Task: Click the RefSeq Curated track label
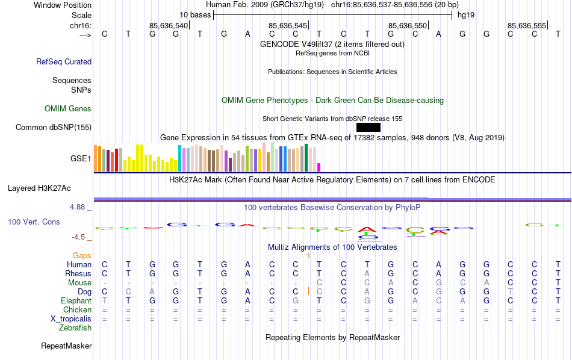coord(64,61)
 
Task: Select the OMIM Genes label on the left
coord(68,109)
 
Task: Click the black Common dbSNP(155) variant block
coord(368,128)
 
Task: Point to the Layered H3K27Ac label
coord(49,188)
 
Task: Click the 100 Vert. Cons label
coord(34,222)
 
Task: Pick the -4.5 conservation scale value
coord(79,237)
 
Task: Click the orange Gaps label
coord(82,256)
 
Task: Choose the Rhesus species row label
coord(78,274)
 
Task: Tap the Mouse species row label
coord(79,283)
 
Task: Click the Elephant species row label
coord(76,300)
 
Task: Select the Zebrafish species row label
coord(75,327)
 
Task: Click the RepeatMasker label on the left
coord(66,346)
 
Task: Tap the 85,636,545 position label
coord(288,25)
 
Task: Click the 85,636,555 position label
coord(527,25)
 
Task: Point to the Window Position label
coord(63,5)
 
